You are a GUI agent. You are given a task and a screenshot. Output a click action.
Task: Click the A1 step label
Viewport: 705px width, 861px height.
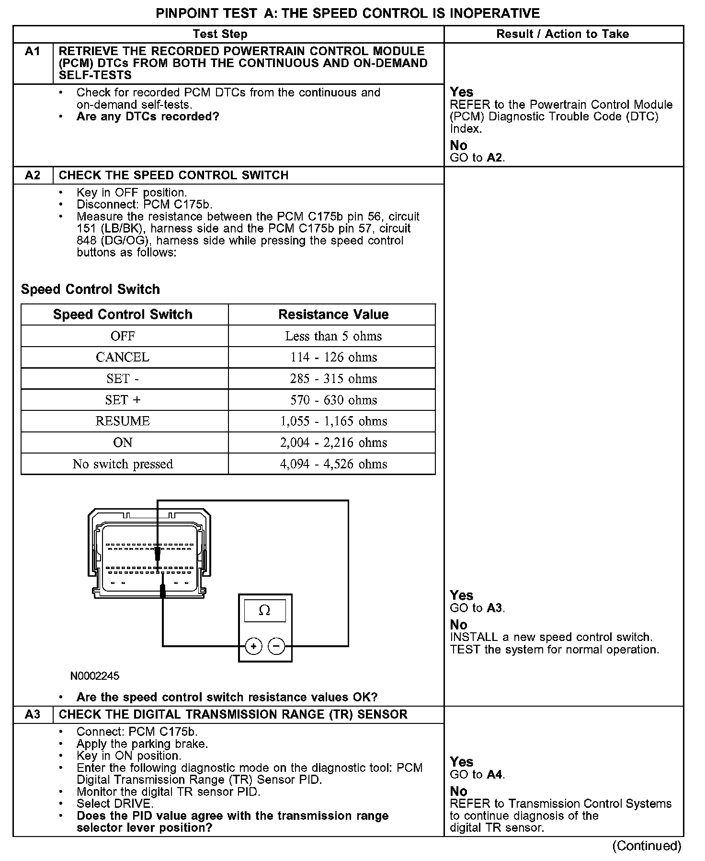point(33,52)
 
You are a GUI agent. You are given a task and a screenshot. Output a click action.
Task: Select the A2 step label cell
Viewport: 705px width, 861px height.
point(33,175)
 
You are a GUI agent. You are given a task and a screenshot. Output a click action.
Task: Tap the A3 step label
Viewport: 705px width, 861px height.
point(33,714)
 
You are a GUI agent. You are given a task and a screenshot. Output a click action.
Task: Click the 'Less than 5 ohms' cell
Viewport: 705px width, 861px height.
point(333,336)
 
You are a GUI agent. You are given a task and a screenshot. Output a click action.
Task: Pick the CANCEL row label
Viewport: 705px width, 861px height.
point(123,357)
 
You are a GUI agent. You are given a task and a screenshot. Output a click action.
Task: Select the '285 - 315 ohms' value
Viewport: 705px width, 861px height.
point(333,379)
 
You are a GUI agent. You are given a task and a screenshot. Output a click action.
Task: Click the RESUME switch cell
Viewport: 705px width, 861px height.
point(123,421)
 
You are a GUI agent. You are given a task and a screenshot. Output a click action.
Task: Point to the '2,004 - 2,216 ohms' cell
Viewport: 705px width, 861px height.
point(333,442)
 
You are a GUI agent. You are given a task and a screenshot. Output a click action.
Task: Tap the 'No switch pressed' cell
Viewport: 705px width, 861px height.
point(123,464)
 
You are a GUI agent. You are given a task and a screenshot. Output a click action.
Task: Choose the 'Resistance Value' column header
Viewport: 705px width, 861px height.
point(333,314)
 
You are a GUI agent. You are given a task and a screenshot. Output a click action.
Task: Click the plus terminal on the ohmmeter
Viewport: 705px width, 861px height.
point(253,647)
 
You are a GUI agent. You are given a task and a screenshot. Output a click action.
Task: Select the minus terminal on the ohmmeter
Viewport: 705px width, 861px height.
point(276,647)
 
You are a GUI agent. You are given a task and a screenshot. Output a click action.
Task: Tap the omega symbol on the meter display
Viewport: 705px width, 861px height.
point(264,611)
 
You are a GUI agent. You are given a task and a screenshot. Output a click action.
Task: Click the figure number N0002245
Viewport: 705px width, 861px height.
point(95,676)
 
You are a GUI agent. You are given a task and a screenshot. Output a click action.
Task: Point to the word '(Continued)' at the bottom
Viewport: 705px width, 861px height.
point(647,846)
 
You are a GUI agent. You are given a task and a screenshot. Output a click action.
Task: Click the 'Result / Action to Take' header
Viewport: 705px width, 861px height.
point(562,34)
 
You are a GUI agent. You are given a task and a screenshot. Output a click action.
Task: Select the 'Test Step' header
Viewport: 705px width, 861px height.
point(220,34)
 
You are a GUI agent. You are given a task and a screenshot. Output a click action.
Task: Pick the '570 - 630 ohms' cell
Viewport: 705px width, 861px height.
point(333,400)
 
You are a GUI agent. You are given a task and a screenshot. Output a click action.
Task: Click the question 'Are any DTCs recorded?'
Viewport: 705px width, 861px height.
point(148,116)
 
